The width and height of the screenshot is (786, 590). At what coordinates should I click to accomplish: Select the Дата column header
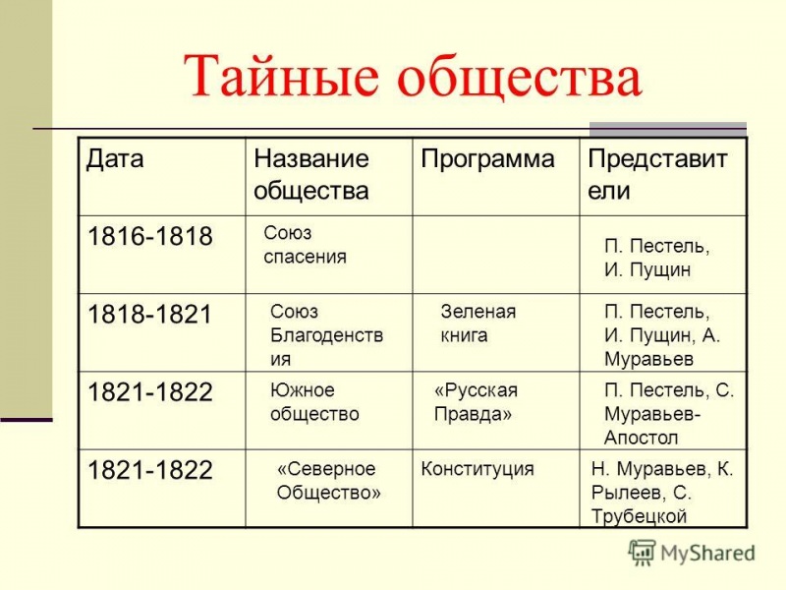click(x=115, y=158)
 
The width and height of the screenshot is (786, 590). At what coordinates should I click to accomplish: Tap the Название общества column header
click(x=310, y=174)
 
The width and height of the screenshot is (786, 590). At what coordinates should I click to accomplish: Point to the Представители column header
click(x=657, y=174)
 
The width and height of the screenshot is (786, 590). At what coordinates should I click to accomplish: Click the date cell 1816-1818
click(x=150, y=237)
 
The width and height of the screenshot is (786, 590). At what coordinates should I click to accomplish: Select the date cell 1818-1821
click(x=150, y=316)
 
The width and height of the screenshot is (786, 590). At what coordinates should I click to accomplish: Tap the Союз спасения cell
click(x=305, y=245)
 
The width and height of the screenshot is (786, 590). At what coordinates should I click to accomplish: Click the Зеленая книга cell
click(x=477, y=324)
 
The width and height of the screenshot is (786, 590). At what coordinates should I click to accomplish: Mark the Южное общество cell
click(x=314, y=402)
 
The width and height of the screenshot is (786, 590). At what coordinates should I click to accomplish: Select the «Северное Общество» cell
click(x=328, y=481)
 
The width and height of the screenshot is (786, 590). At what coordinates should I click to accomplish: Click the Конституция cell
click(x=477, y=469)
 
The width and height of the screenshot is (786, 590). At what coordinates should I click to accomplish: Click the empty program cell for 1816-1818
click(x=495, y=254)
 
